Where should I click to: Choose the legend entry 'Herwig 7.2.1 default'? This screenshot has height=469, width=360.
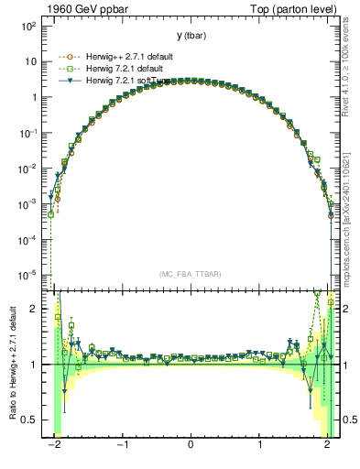click(x=116, y=67)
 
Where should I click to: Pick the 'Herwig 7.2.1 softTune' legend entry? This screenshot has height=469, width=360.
click(x=119, y=81)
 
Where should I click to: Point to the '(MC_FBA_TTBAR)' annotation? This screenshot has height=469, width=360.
click(x=190, y=274)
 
